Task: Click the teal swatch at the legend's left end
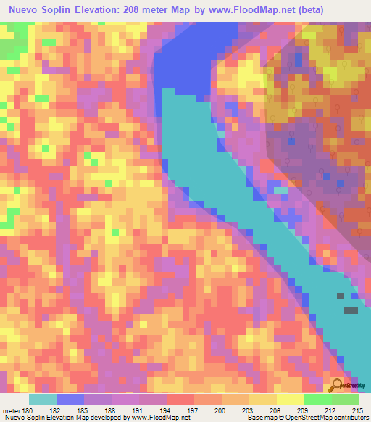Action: pos(43,399)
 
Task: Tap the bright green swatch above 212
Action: pos(317,399)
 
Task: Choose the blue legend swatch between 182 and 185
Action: pos(70,399)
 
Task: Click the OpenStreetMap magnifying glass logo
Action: pos(337,384)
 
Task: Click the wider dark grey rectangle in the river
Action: pos(351,310)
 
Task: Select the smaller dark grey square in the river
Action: pos(341,296)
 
